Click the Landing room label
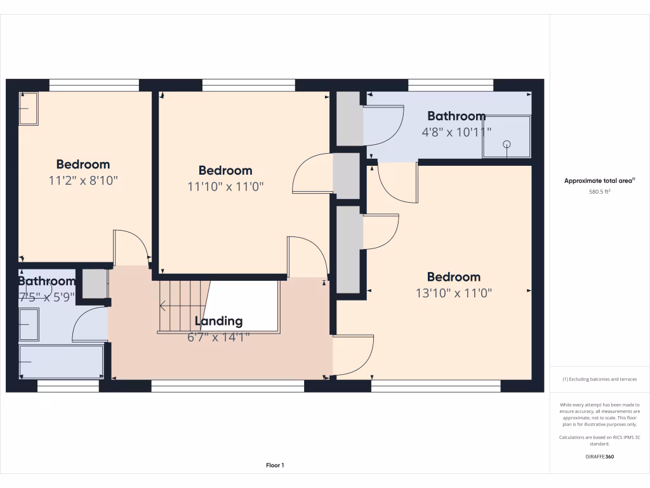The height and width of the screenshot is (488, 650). click(x=218, y=321)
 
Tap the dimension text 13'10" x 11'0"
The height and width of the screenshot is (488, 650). click(x=453, y=293)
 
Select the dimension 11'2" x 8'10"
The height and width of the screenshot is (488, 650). click(x=83, y=180)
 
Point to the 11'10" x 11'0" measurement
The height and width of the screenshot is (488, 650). click(x=225, y=186)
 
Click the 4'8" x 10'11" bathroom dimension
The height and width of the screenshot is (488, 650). click(x=456, y=132)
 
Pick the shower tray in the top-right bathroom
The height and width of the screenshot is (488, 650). click(x=506, y=136)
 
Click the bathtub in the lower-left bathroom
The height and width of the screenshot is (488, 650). click(x=61, y=361)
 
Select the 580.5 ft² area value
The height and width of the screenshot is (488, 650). click(x=599, y=191)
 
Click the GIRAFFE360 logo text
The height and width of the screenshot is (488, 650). click(x=599, y=456)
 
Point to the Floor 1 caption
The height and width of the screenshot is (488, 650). click(x=275, y=466)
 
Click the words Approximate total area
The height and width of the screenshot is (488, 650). click(x=599, y=181)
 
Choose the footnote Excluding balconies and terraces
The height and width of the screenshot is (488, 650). click(x=599, y=379)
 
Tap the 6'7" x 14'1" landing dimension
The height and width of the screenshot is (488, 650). click(x=218, y=337)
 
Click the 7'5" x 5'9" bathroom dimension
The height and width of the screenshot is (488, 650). click(x=46, y=296)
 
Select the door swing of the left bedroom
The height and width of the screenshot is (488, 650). click(x=130, y=247)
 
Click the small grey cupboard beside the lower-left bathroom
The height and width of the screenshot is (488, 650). click(x=95, y=283)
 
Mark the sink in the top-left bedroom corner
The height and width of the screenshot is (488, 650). click(x=29, y=109)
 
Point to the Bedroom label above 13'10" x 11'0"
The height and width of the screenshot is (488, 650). click(x=453, y=277)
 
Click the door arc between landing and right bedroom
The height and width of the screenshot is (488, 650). click(x=353, y=355)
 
